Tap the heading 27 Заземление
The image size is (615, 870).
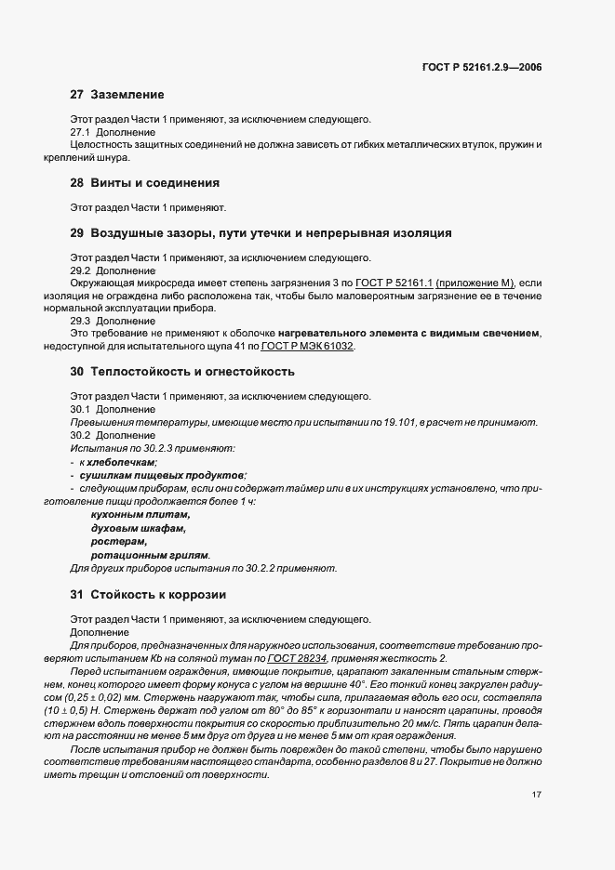[x=117, y=95]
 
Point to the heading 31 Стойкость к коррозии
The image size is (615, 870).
[x=148, y=594]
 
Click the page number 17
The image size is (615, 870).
[x=538, y=794]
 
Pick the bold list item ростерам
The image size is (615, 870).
[x=119, y=541]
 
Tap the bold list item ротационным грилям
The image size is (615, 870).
[x=150, y=554]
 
